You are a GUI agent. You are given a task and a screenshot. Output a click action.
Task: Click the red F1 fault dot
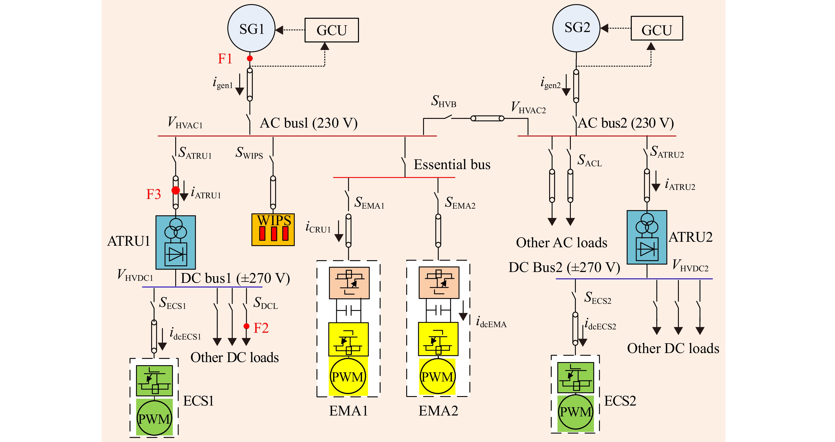[250, 58]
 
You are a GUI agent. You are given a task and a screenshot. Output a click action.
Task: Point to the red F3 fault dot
[175, 190]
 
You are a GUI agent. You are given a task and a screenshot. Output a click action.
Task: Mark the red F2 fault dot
[246, 326]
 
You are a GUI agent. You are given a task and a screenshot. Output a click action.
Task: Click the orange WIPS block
[273, 229]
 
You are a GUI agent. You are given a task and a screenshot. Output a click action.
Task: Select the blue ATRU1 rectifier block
[176, 242]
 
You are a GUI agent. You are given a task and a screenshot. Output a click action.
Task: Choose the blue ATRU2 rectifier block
[647, 237]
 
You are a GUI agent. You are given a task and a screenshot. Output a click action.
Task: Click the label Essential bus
[452, 165]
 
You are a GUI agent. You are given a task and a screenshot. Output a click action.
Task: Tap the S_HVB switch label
[443, 101]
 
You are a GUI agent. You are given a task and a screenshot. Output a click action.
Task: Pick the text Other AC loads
[562, 242]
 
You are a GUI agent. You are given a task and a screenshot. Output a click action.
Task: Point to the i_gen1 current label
[223, 82]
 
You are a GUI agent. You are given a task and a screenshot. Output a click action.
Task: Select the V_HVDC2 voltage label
[690, 265]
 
